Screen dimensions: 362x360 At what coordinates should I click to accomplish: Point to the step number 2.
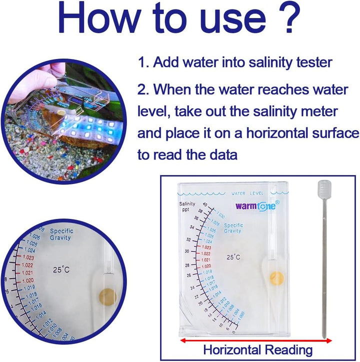click(x=143, y=90)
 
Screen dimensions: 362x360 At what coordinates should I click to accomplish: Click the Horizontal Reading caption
click(x=257, y=349)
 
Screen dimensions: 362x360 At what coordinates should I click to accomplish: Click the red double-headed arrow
click(x=256, y=340)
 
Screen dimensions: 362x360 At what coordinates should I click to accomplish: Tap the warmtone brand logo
click(x=257, y=204)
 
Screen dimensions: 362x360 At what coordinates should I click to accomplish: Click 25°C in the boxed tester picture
click(x=233, y=257)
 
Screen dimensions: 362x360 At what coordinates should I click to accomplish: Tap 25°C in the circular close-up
click(x=61, y=269)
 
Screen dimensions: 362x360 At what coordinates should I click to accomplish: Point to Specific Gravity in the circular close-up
click(x=60, y=234)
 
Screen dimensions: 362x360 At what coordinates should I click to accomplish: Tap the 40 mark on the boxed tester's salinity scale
click(x=204, y=204)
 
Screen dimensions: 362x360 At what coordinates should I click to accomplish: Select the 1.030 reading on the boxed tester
click(x=220, y=215)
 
